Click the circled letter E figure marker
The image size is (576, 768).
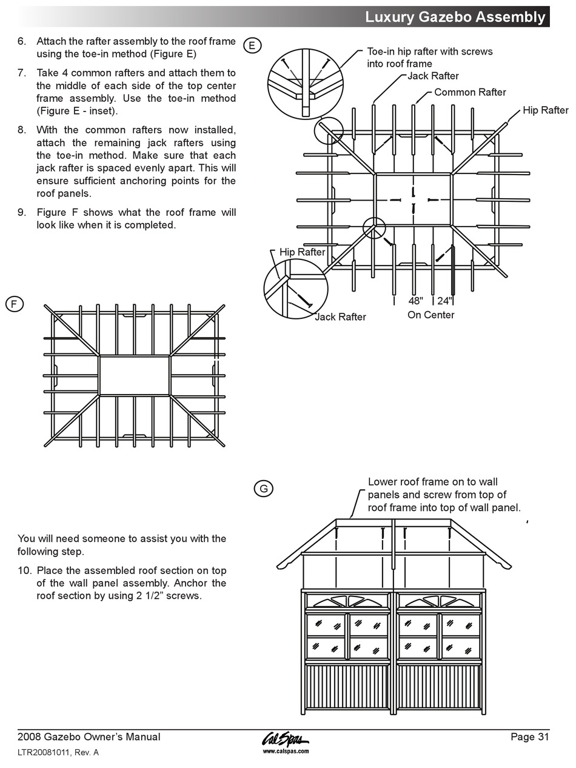[252, 45]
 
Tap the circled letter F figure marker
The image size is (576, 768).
[15, 304]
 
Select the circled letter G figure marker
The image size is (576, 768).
[263, 488]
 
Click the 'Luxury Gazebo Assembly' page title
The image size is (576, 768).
[455, 17]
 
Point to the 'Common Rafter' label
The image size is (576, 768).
[470, 92]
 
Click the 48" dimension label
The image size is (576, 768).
[415, 301]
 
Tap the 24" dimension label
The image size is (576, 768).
[444, 301]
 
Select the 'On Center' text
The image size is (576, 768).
[430, 315]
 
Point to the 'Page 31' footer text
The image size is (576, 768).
[529, 737]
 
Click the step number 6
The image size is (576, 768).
[22, 42]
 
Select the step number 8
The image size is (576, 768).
[22, 130]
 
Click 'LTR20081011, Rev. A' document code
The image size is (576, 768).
[58, 753]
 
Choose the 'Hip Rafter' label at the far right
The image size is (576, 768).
[546, 110]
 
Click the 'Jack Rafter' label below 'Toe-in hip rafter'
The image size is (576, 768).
[433, 76]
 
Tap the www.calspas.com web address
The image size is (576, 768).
[286, 751]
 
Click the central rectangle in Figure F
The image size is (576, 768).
[134, 376]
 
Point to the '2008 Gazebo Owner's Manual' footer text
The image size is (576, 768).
[89, 737]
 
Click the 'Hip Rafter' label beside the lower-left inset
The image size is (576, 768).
[302, 252]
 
